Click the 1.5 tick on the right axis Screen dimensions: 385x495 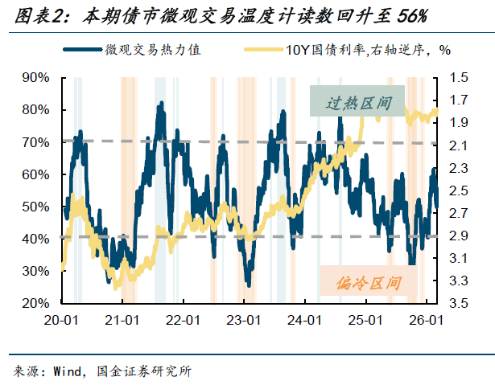460,77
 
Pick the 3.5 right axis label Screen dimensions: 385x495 460,304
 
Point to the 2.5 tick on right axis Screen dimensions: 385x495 460,190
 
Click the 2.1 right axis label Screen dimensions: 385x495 460,145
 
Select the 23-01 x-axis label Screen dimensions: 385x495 243,320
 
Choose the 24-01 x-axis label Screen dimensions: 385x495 304,320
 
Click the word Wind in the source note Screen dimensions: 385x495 68,371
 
